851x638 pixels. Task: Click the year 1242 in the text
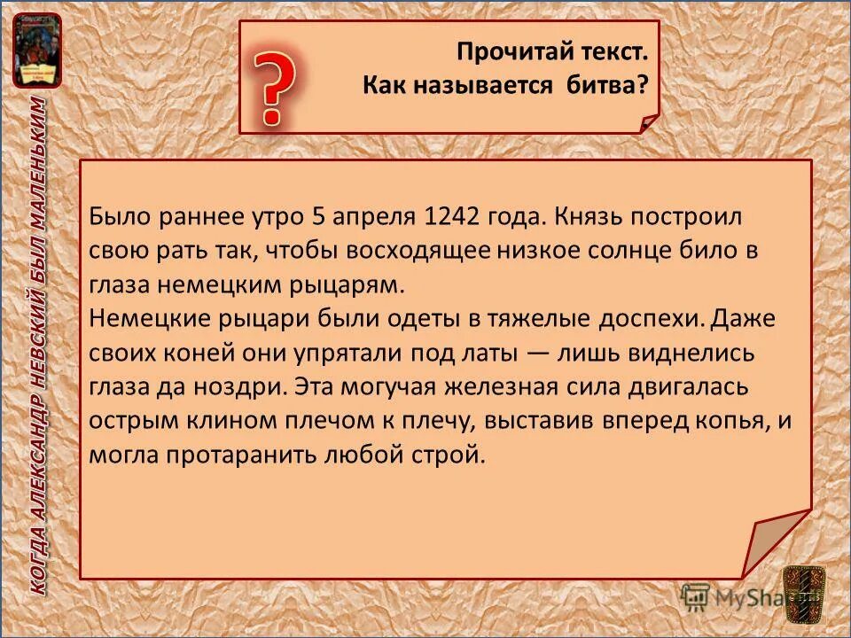(454, 216)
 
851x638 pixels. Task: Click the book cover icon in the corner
(37, 51)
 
